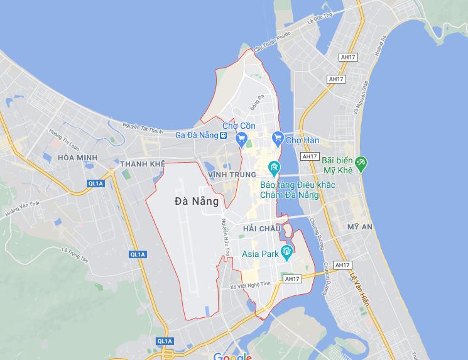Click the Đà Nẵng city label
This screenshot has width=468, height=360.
197,202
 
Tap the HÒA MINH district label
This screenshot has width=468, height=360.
79,157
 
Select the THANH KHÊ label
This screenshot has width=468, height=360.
142,164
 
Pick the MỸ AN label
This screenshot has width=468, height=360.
359,226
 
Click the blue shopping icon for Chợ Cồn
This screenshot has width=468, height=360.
242,139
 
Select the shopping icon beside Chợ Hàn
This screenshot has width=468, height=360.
277,137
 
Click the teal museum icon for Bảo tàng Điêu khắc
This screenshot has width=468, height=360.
274,167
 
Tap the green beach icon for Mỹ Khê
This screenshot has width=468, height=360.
361,165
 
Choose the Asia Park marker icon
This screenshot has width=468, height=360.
287,254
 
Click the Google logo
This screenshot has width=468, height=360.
232,356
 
